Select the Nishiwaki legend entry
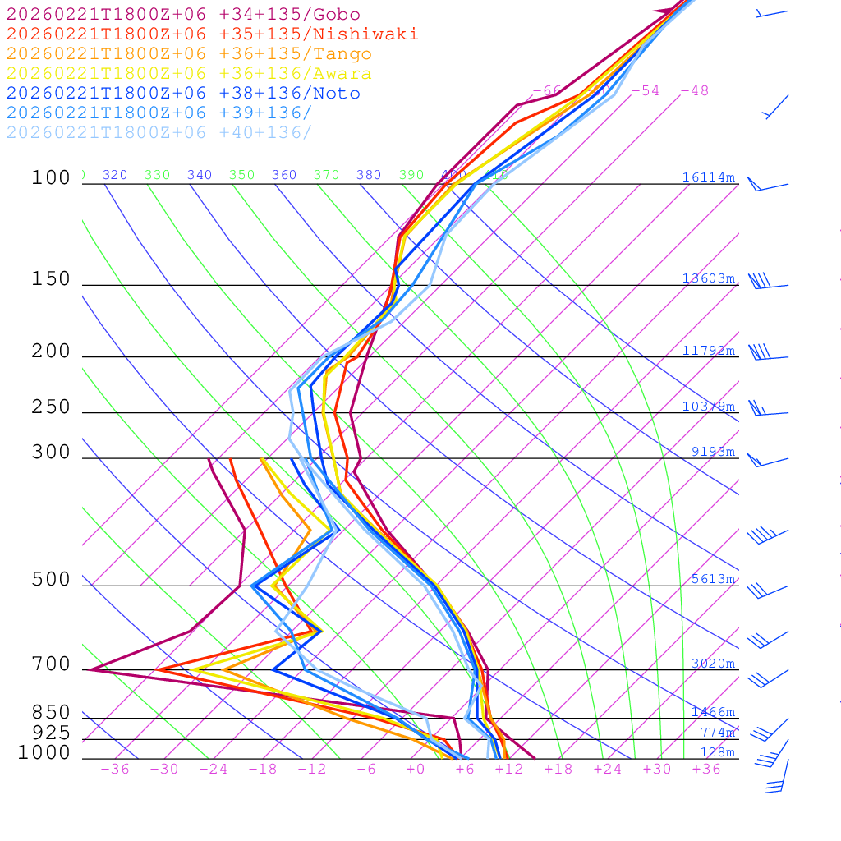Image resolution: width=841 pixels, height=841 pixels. pos(212,34)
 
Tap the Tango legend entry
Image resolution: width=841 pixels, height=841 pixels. pos(189,54)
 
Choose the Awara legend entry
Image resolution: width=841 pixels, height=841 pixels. pos(189,74)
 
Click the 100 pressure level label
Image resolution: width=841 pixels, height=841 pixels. pos(51,178)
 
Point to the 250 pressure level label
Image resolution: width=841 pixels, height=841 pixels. pos(51,407)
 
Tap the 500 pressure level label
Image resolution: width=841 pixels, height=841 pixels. pos(51,580)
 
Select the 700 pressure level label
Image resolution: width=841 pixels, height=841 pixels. pos(51,664)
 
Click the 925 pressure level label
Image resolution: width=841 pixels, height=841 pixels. pos(51,733)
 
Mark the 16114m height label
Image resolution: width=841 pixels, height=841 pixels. pos(708,178)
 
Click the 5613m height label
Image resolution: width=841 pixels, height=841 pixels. pos(712,579)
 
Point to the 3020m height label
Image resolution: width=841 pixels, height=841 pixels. pos(712,664)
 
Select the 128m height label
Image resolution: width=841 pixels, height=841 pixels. pos(717,752)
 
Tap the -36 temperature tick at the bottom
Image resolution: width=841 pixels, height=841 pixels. pos(114,769)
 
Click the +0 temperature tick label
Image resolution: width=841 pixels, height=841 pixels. pos(416,769)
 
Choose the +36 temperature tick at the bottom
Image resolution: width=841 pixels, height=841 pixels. pos(705,769)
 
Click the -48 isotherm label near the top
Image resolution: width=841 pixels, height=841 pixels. pos(694,90)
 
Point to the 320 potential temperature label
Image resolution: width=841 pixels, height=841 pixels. pos(115,175)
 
